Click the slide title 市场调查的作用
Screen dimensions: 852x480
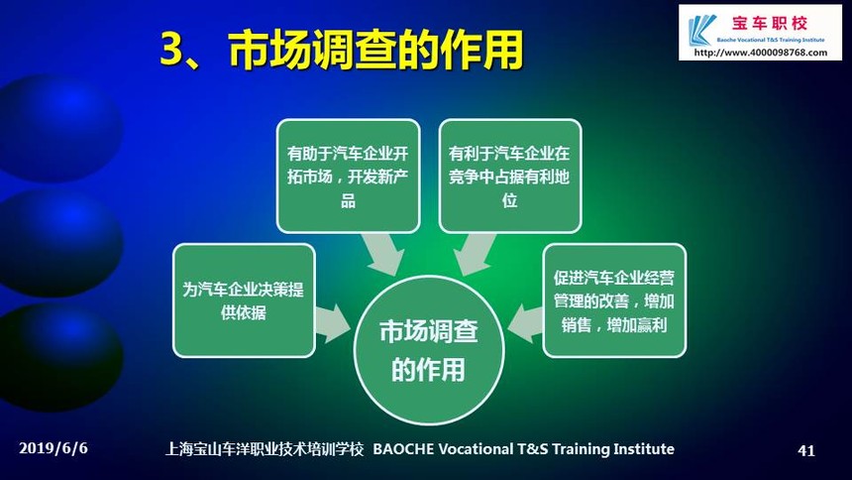click(375, 50)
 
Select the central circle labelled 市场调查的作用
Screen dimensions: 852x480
click(429, 350)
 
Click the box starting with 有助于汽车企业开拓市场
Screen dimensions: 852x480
click(348, 177)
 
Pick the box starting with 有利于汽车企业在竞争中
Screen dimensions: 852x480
click(509, 177)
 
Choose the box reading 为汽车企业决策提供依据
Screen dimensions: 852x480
click(244, 300)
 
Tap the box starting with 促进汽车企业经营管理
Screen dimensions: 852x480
click(614, 300)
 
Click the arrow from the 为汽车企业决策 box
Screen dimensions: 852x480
click(333, 323)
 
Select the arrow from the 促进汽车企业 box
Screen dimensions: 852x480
click(525, 323)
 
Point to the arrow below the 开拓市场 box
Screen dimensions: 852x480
click(383, 254)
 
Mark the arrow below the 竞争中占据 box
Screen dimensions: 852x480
click(474, 254)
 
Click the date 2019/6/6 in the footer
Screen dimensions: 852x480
click(53, 448)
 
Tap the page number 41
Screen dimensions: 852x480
click(805, 450)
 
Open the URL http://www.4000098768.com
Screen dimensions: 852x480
click(760, 53)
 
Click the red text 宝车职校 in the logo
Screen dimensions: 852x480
click(770, 24)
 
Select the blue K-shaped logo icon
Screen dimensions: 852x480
click(701, 30)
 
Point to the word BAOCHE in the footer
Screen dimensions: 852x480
click(403, 449)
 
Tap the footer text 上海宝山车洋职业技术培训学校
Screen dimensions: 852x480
click(265, 449)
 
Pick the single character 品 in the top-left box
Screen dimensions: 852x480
click(348, 200)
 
